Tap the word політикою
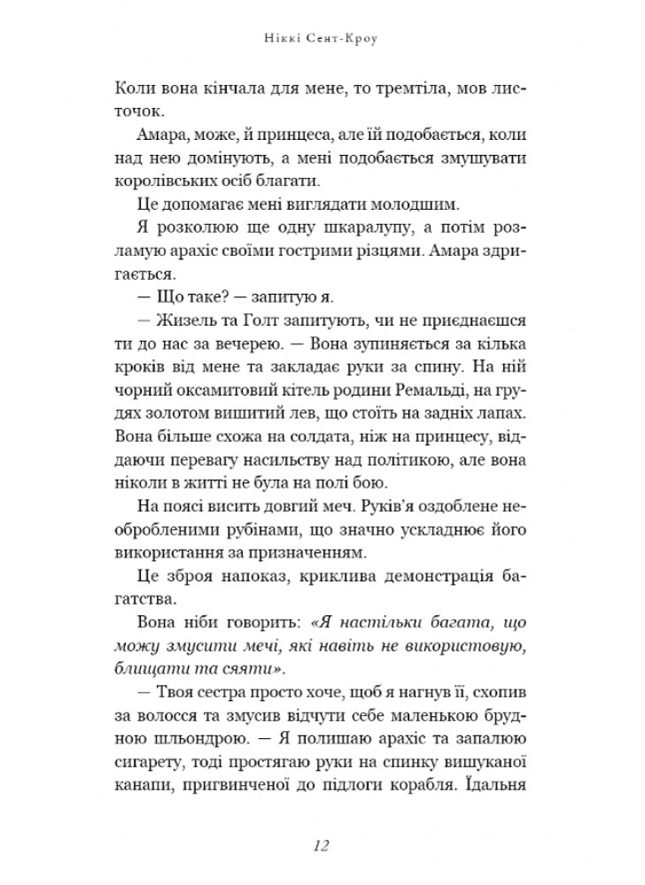tap(428, 459)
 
